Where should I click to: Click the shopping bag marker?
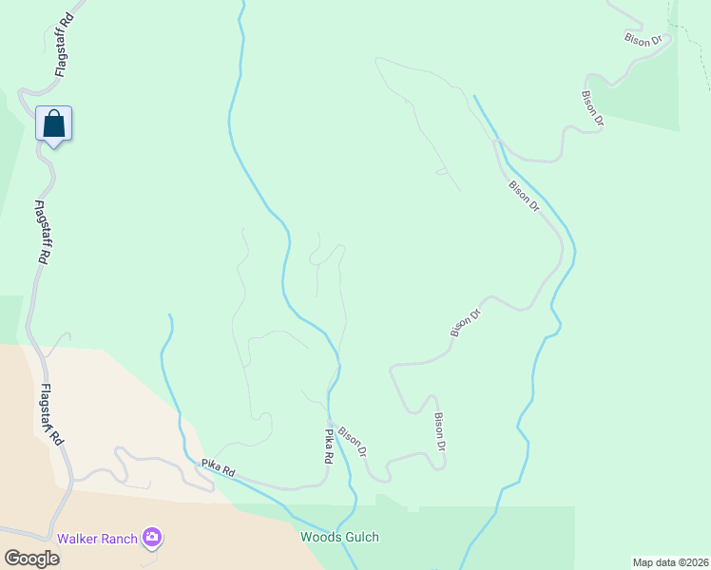(54, 123)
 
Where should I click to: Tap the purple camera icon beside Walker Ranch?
(152, 538)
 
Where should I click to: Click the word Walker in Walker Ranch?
(77, 539)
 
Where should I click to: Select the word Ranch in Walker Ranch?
(118, 539)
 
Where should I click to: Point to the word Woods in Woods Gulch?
(319, 538)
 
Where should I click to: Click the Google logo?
(32, 559)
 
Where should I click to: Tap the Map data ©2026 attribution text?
(670, 562)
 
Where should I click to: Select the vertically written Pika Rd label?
(329, 446)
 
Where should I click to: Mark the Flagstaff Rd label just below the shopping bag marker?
(43, 232)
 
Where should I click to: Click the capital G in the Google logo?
(11, 559)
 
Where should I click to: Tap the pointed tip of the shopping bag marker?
(54, 148)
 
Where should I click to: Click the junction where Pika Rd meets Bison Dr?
(329, 422)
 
